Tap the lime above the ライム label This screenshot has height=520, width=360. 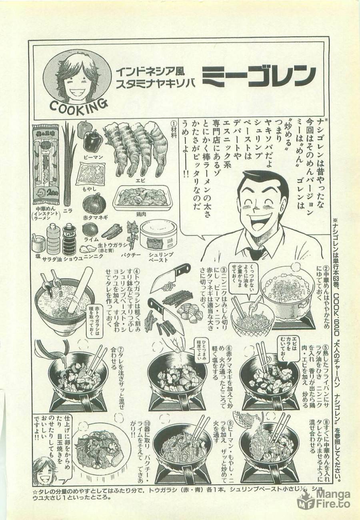(x=89, y=229)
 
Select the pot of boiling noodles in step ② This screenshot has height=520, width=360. (x=285, y=290)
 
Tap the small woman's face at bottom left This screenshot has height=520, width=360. (x=43, y=472)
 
